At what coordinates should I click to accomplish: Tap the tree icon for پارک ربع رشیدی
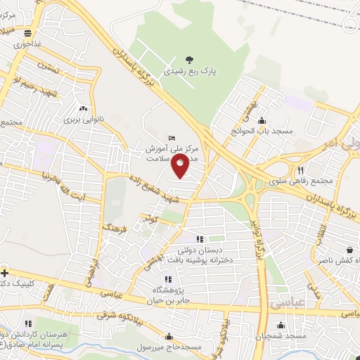188,59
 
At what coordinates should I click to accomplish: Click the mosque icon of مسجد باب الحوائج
262,120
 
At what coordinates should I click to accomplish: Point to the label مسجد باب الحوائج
262,131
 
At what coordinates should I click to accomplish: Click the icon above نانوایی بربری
84,109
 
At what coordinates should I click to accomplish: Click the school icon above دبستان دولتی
199,239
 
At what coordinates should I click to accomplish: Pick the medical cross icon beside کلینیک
4,273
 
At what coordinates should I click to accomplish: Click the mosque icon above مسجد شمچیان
281,325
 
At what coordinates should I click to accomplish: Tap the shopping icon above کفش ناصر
350,249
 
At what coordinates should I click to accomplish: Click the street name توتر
149,219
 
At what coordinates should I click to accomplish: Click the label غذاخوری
28,43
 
